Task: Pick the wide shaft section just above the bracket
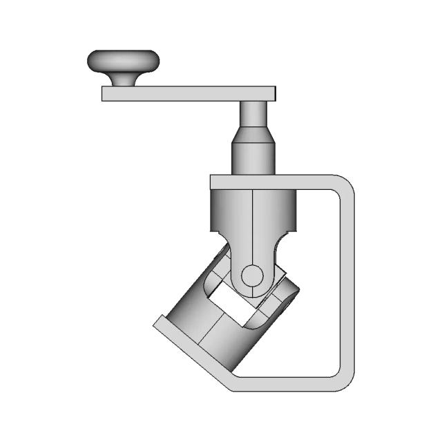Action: [253, 157]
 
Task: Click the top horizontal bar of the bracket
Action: [276, 182]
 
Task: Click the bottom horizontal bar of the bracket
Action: [290, 385]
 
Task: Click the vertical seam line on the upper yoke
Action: [253, 221]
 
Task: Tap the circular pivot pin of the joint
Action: [252, 275]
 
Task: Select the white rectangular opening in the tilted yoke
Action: [232, 304]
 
